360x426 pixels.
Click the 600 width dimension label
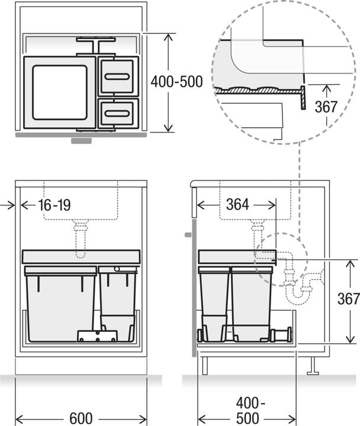coord(81,418)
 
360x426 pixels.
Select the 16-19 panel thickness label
coord(54,205)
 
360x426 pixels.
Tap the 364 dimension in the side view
coord(238,205)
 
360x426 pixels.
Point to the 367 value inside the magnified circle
coord(326,106)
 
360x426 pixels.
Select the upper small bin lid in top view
coord(119,76)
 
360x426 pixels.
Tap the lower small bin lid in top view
coord(119,111)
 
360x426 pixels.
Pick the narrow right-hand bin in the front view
coord(119,302)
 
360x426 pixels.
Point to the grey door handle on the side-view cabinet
coord(187,235)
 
